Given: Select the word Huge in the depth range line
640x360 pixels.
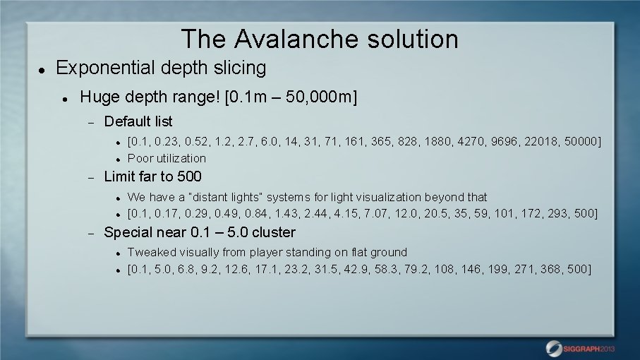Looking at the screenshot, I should coord(98,96).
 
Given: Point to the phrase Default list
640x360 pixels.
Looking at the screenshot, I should coord(138,121).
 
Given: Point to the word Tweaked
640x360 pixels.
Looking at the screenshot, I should coord(151,252).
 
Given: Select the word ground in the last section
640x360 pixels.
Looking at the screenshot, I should coord(390,252).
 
